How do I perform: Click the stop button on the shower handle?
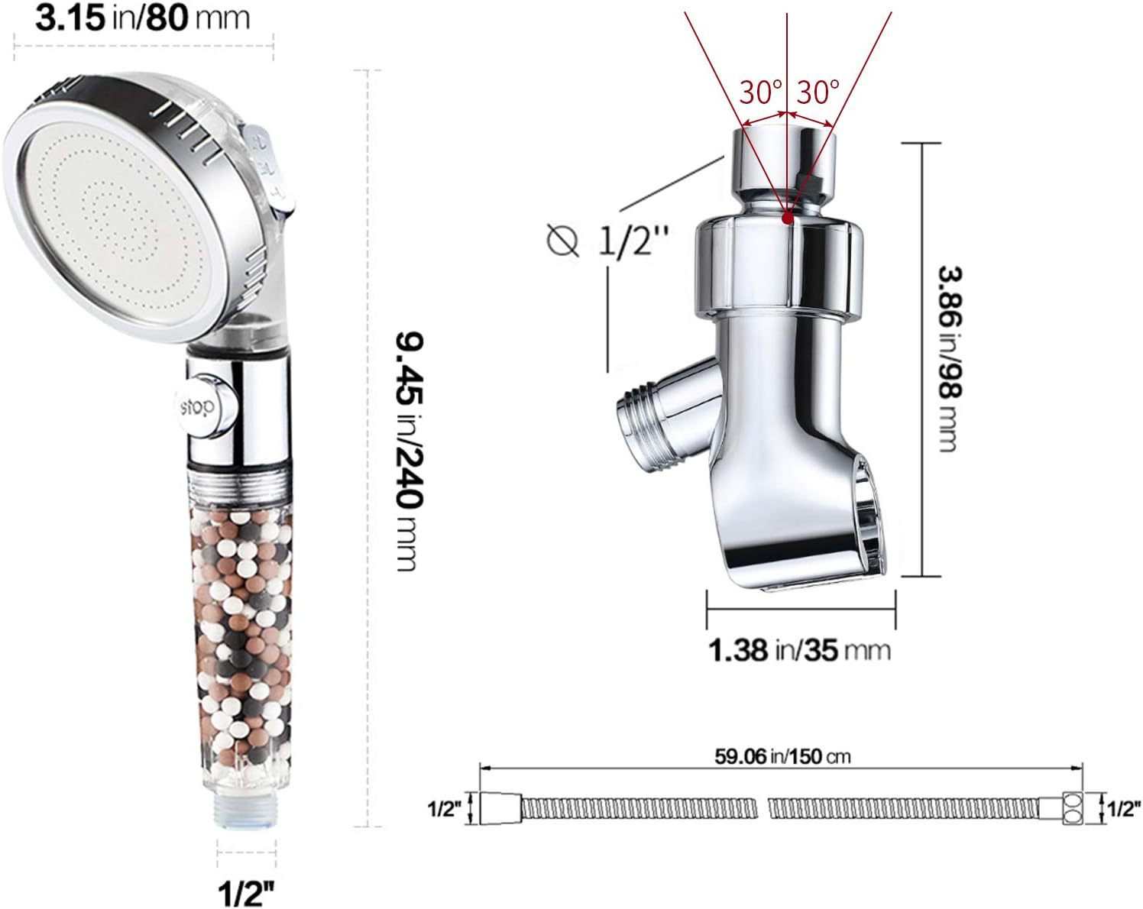tap(205, 406)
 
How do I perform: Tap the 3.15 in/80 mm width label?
tap(142, 18)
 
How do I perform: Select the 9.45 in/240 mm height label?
tap(410, 452)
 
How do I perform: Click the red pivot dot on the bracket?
tap(788, 218)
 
